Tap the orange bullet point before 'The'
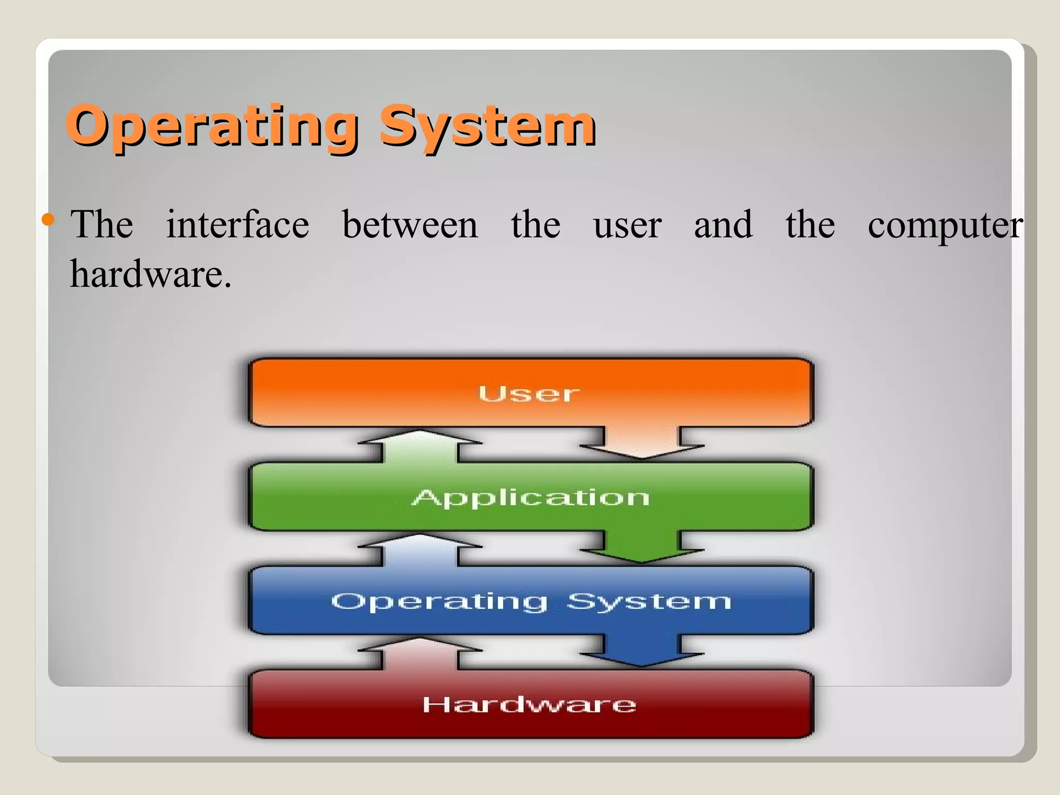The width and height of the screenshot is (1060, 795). point(48,220)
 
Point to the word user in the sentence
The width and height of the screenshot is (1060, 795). point(627,226)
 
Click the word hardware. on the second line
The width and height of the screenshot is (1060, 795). point(150,274)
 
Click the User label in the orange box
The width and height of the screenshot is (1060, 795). point(528,393)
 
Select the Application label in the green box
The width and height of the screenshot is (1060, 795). point(531,497)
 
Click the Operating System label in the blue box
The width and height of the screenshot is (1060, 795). point(531,601)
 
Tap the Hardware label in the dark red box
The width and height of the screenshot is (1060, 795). point(529,704)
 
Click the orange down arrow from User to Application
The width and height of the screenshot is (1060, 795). point(641,444)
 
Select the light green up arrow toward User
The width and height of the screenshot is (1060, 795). point(420,445)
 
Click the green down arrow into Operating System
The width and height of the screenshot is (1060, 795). point(641,548)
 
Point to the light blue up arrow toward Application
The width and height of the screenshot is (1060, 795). point(420,549)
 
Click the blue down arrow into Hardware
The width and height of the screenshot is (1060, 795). point(641,652)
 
